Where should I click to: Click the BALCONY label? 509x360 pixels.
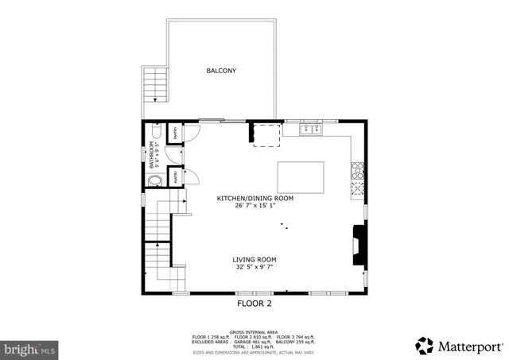point(221,71)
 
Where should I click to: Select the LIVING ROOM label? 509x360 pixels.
point(254,259)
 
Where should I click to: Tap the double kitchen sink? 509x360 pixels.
point(310,129)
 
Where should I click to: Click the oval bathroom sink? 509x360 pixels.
point(153,180)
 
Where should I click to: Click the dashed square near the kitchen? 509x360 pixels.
point(266,135)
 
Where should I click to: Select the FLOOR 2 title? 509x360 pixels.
point(254,304)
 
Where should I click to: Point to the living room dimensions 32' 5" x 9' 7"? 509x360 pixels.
point(254,268)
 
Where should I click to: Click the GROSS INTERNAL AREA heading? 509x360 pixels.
point(254,331)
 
